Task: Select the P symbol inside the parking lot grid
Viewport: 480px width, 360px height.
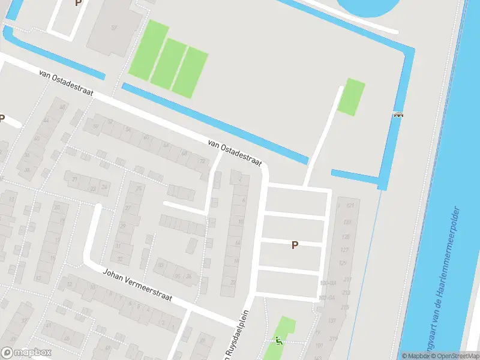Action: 295,245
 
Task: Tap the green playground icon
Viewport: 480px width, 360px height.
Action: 278,340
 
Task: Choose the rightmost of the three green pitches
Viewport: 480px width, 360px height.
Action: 190,72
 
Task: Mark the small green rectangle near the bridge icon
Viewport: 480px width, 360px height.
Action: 352,97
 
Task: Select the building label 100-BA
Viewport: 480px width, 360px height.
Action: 328,283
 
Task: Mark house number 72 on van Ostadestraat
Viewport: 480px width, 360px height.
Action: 201,161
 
